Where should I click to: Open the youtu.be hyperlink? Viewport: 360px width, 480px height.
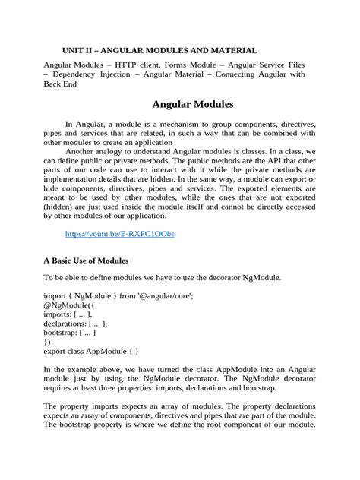pos(120,234)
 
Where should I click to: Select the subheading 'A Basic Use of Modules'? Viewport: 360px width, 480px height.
pos(90,261)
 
